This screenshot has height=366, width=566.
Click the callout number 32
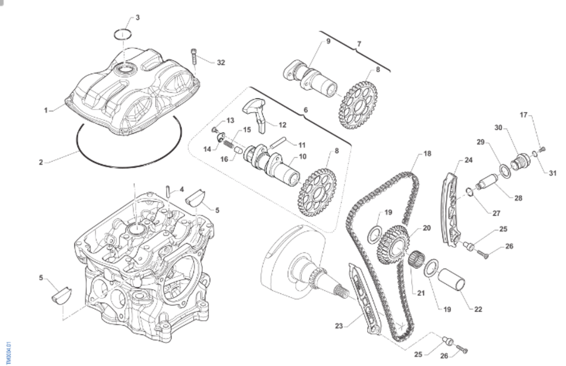point(221,62)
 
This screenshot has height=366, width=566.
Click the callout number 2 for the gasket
point(41,162)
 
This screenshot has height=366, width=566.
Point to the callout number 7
point(359,44)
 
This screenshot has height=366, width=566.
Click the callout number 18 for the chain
point(427,153)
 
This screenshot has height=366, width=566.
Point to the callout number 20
point(426,228)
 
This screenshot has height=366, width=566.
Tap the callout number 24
point(468,160)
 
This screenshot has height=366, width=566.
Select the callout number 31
point(552,173)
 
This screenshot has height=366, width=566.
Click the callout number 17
point(524,115)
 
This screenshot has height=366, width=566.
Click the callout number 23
point(339,325)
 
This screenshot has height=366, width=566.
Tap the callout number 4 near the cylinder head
point(182,189)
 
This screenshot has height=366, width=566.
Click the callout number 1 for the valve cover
point(46,111)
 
